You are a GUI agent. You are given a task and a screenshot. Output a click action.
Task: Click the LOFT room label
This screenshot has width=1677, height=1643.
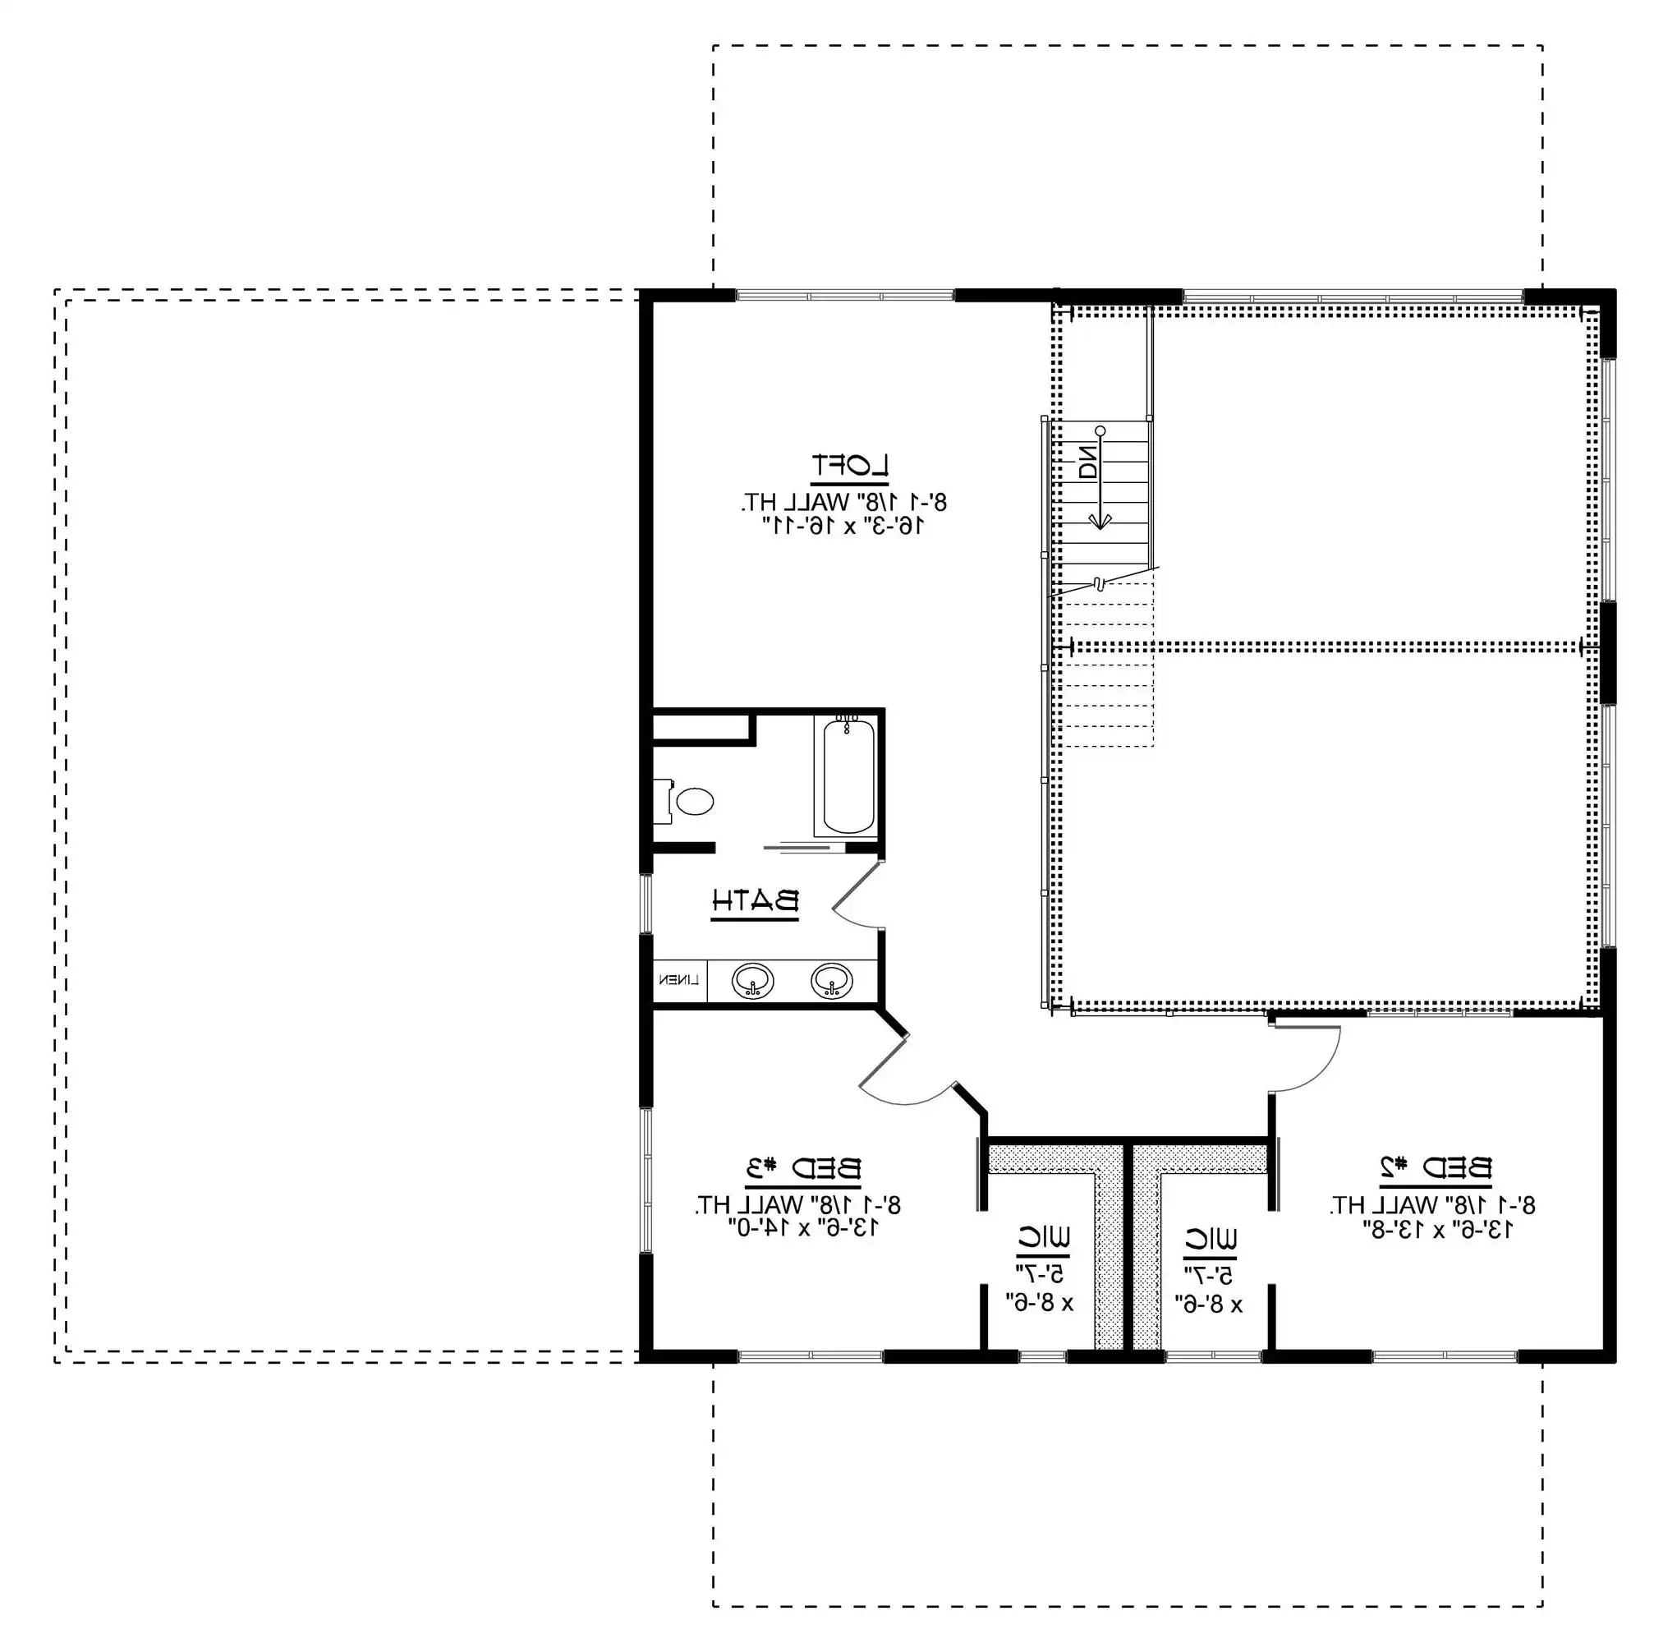[850, 466]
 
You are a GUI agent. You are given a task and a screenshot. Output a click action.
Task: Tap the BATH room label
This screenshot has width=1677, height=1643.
[755, 902]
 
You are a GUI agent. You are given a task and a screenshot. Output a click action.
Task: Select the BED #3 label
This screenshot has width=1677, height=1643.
[803, 1168]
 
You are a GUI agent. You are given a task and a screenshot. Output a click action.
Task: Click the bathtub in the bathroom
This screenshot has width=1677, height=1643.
[848, 775]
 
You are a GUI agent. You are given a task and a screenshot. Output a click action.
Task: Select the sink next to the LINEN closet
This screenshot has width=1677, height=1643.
[752, 981]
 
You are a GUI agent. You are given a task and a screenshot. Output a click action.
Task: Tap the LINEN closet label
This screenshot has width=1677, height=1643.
[679, 980]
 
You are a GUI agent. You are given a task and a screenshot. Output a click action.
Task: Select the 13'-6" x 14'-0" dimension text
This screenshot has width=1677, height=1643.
[803, 1228]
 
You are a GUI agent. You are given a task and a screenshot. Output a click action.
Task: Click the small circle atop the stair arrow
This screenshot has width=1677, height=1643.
[1100, 430]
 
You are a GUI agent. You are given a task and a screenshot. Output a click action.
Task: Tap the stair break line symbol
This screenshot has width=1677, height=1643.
[1098, 584]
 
